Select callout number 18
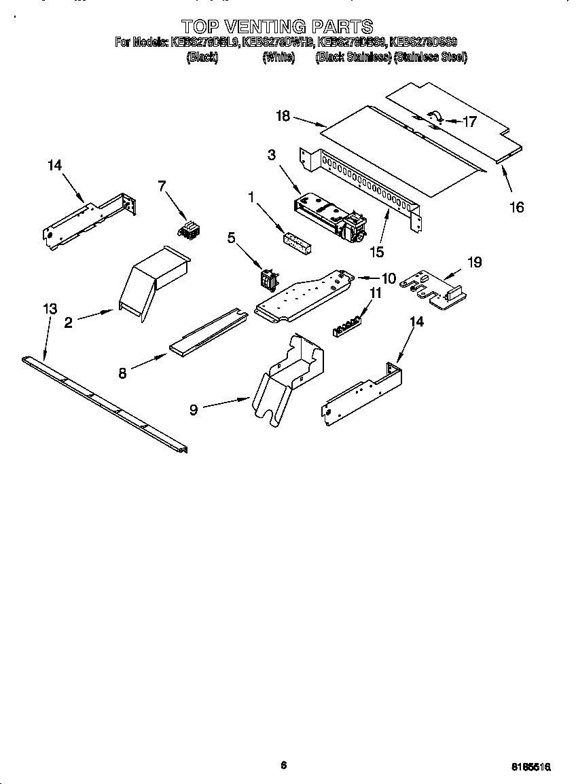pos(283,116)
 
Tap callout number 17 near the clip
pos(470,122)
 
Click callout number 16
pos(517,208)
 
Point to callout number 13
pos(50,310)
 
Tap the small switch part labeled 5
pos(269,279)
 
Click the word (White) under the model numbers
pos(278,58)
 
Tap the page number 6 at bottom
pos(284,766)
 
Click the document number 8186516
pos(530,766)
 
